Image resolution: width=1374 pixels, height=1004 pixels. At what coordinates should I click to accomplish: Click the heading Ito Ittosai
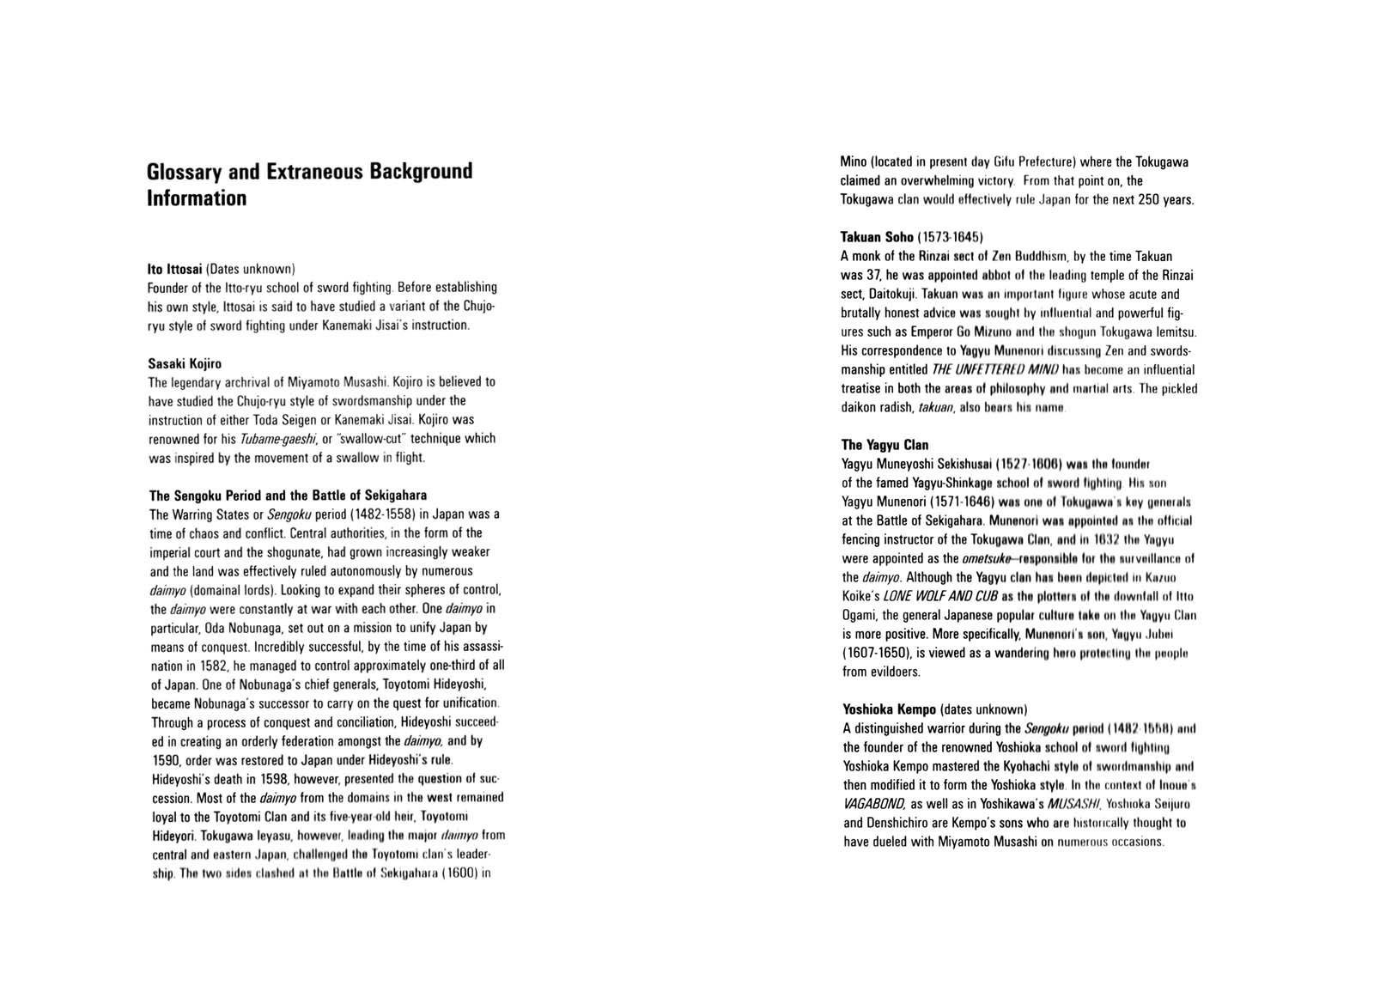(x=174, y=268)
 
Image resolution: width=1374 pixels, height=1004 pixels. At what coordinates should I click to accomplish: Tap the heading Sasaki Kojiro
(x=185, y=363)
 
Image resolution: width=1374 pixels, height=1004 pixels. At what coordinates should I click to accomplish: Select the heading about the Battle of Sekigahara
(x=288, y=496)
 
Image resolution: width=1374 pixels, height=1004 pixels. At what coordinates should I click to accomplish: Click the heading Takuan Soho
(x=877, y=237)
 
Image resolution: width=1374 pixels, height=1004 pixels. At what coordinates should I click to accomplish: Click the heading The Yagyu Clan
(x=885, y=445)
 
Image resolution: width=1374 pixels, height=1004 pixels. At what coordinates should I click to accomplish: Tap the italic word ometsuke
(x=988, y=558)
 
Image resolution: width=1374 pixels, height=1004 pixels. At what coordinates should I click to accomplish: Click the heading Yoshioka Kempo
(x=889, y=709)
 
